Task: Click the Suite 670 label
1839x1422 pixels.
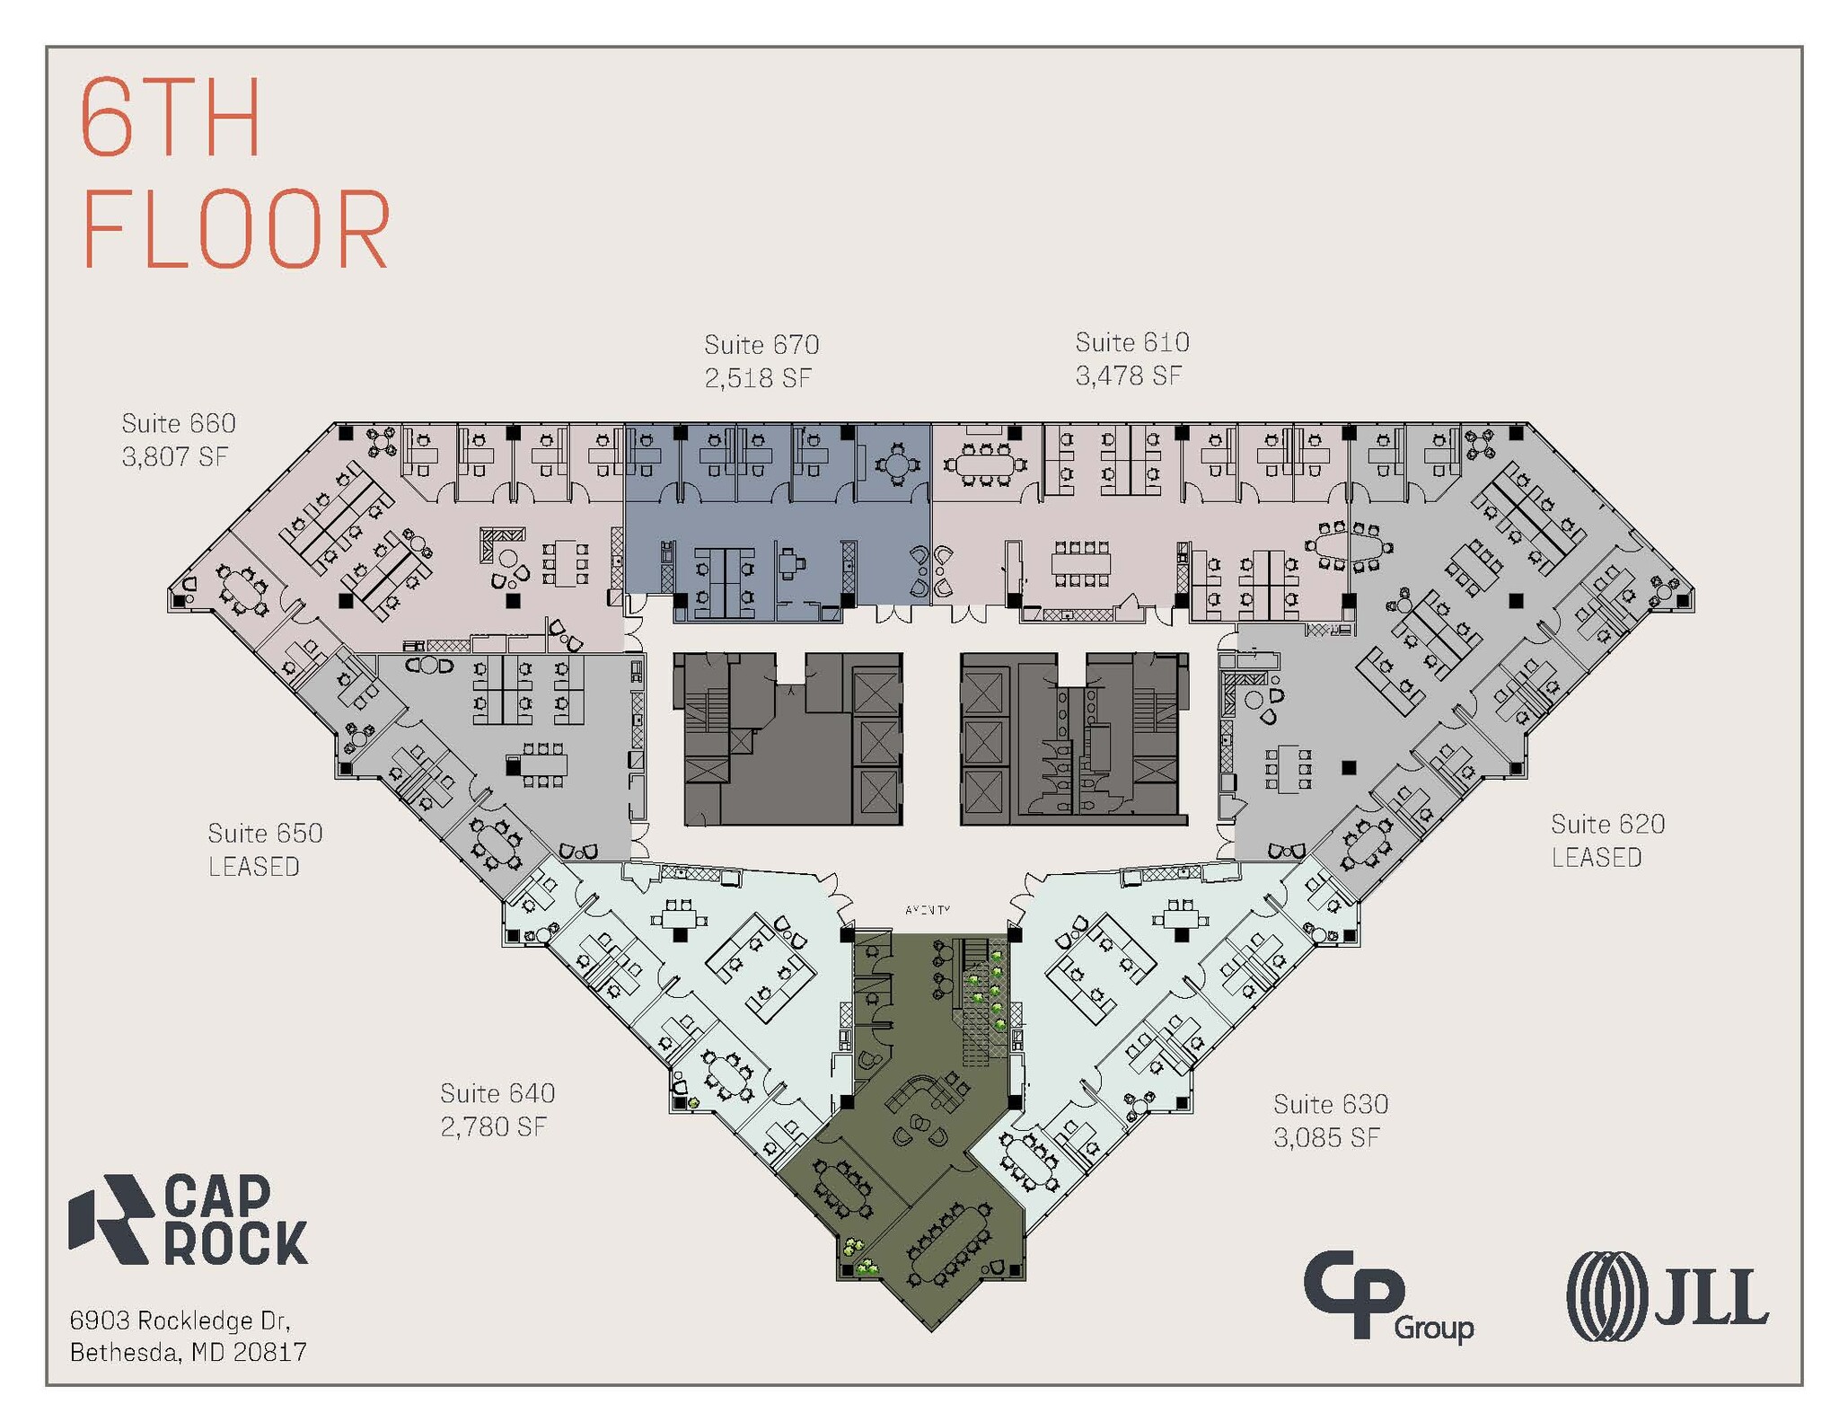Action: (x=761, y=345)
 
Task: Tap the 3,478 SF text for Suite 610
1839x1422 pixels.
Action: (x=1128, y=375)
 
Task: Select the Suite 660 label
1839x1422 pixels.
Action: (x=179, y=423)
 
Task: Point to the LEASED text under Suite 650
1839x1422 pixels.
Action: (x=254, y=867)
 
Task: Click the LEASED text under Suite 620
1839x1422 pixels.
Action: (x=1597, y=858)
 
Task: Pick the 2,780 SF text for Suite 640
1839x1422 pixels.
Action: (x=493, y=1126)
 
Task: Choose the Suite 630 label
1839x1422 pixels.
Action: (x=1331, y=1104)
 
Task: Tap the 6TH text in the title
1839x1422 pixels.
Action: (x=171, y=119)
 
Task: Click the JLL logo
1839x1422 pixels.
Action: (x=1667, y=1296)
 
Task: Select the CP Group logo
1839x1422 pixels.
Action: (x=1387, y=1296)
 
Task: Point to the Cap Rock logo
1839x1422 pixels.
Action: (x=189, y=1220)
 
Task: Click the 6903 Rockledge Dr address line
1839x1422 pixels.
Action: (x=180, y=1320)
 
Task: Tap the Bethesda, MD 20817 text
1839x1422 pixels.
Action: (x=189, y=1352)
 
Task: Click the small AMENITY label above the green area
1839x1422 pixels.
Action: (x=928, y=910)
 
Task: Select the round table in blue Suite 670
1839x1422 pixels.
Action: (x=895, y=465)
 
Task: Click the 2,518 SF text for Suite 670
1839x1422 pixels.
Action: (x=758, y=378)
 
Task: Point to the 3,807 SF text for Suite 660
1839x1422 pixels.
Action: (x=175, y=456)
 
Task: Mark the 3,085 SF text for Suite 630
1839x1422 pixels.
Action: (x=1326, y=1138)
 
